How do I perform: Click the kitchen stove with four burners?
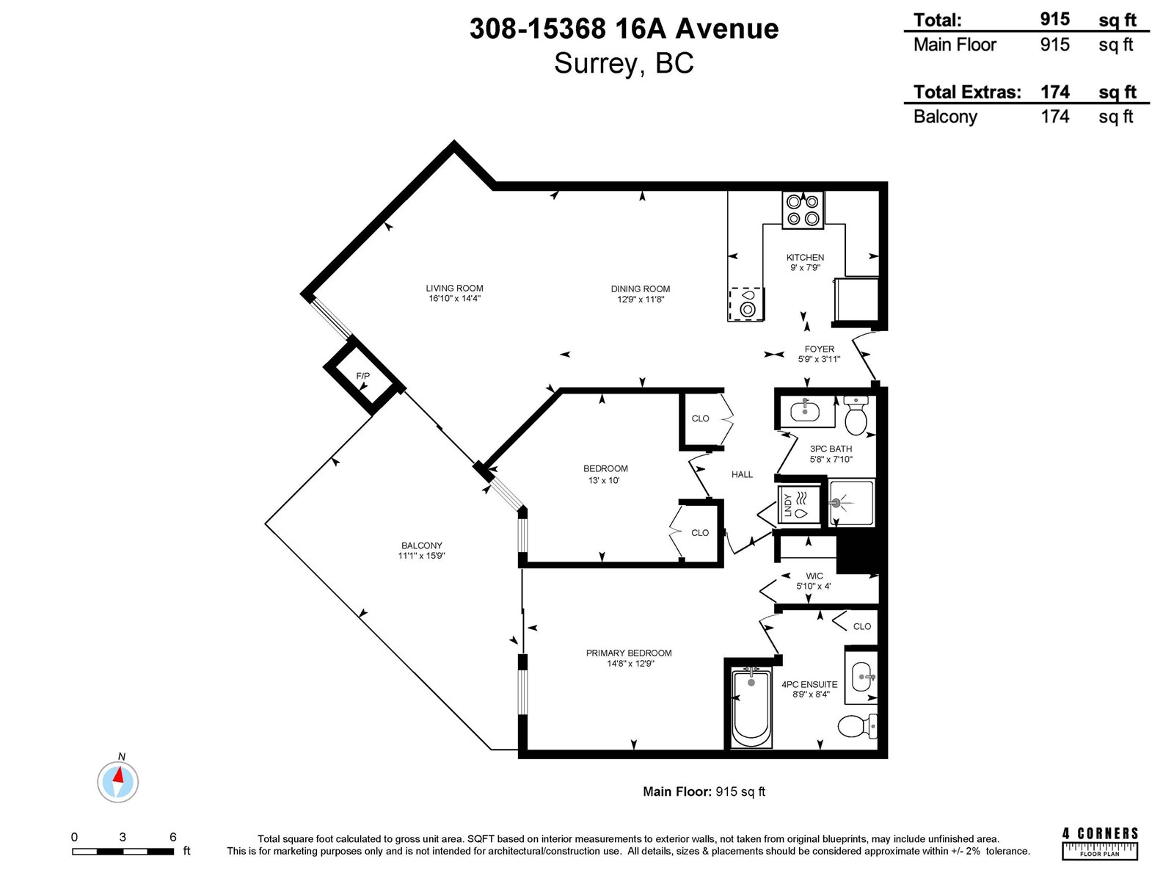click(x=803, y=210)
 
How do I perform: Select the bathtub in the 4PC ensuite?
click(x=751, y=708)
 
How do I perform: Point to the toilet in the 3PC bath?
click(x=856, y=416)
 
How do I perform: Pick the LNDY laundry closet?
click(x=798, y=505)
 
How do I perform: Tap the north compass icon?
click(x=117, y=782)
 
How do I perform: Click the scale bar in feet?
click(x=123, y=851)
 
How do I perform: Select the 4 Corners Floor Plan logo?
click(x=1100, y=844)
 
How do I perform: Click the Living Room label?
click(x=454, y=289)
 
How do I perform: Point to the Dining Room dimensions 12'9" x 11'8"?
click(x=641, y=300)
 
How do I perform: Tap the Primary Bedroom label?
click(x=628, y=653)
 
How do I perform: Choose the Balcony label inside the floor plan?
click(x=421, y=545)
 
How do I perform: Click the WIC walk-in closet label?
click(x=814, y=576)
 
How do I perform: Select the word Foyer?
click(x=819, y=349)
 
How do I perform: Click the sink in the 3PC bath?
click(x=805, y=411)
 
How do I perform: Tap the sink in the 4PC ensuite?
click(x=861, y=677)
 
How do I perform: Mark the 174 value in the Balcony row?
click(x=1054, y=116)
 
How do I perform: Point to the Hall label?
click(x=742, y=474)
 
